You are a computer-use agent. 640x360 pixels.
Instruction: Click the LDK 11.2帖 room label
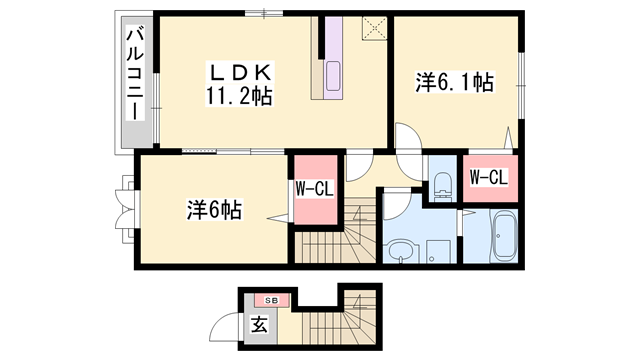click(239, 84)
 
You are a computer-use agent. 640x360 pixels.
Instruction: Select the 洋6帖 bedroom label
click(212, 210)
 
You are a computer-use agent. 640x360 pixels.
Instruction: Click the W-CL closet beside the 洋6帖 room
click(313, 189)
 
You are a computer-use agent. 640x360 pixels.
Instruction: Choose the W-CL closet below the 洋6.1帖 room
click(489, 178)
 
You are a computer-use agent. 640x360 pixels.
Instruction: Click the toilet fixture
click(441, 182)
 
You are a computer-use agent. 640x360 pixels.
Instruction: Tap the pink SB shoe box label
click(270, 299)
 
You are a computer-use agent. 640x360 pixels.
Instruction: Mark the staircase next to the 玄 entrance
click(322, 324)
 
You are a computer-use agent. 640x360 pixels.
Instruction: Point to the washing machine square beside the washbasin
click(438, 247)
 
